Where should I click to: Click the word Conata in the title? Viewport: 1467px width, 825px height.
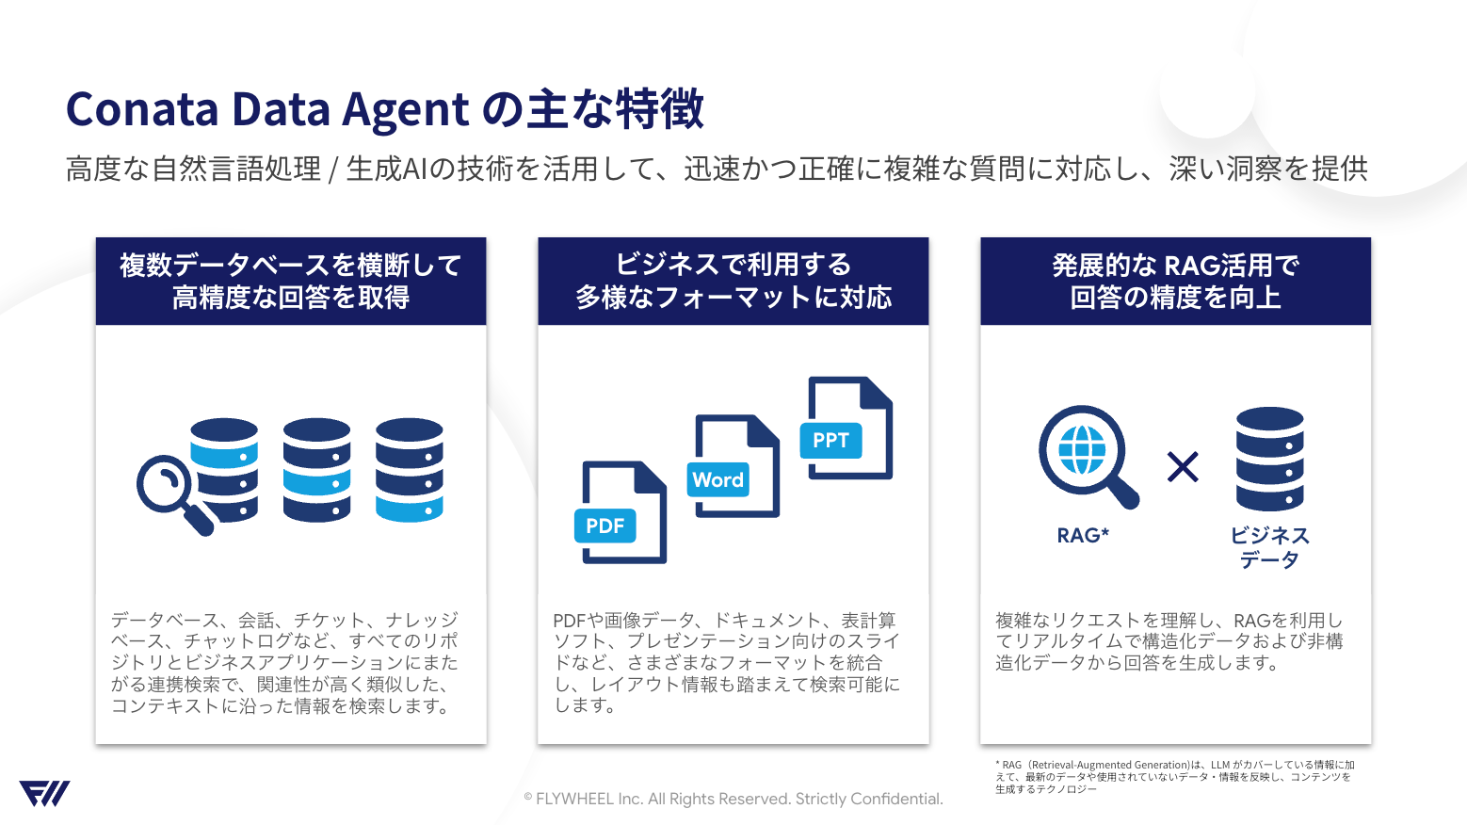pyautogui.click(x=142, y=109)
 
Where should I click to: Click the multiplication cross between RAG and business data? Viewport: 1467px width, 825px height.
pyautogui.click(x=1183, y=466)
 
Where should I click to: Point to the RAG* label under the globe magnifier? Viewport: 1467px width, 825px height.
pyautogui.click(x=1083, y=536)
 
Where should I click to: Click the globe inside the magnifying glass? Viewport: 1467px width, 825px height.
pyautogui.click(x=1082, y=450)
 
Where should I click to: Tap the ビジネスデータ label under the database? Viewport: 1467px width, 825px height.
pyautogui.click(x=1269, y=547)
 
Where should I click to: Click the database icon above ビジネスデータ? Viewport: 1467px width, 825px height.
pyautogui.click(x=1269, y=459)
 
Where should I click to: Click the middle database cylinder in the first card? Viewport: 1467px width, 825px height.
pyautogui.click(x=316, y=470)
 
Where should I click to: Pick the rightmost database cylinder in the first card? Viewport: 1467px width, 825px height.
pyautogui.click(x=409, y=470)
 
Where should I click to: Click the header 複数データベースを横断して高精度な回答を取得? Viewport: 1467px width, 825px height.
pyautogui.click(x=291, y=282)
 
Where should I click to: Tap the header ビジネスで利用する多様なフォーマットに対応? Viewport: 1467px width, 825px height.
pyautogui.click(x=733, y=282)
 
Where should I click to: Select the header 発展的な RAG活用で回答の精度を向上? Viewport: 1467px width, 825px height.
pyautogui.click(x=1175, y=282)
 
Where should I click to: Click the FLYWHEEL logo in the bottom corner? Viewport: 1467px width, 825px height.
pyautogui.click(x=44, y=794)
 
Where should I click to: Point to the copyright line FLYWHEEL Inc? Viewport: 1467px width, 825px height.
pyautogui.click(x=733, y=799)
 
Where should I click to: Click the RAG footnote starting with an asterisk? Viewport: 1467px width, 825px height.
pyautogui.click(x=1174, y=777)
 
